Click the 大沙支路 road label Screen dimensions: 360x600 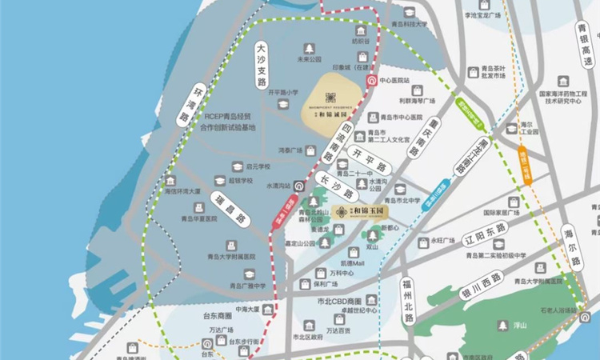tap(261, 66)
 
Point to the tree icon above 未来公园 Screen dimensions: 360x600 tap(309, 47)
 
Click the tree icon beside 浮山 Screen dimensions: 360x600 tap(501, 326)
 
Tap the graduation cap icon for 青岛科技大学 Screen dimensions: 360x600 tap(410, 12)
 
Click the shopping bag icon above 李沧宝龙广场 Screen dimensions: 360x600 tap(488, 3)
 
